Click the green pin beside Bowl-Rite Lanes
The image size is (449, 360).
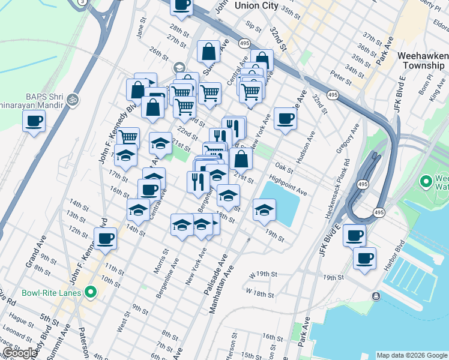click(x=91, y=293)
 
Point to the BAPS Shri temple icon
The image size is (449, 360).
click(x=73, y=98)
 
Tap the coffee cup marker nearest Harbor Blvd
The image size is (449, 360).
click(x=364, y=259)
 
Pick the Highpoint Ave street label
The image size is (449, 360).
click(x=288, y=187)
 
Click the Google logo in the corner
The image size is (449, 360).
click(x=20, y=353)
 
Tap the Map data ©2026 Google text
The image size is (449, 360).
click(x=412, y=355)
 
